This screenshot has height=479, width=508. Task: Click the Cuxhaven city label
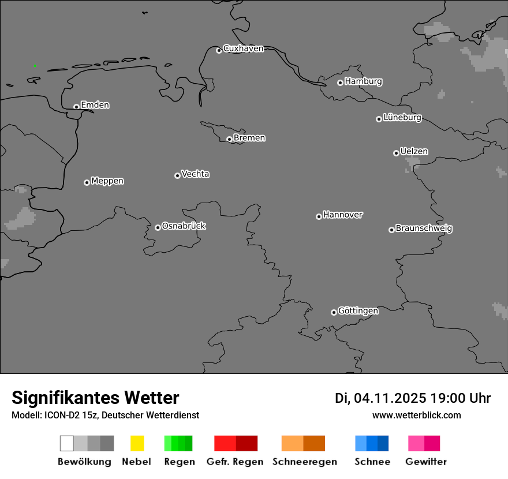243,48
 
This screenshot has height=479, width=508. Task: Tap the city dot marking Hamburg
340,83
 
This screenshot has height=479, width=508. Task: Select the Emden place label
95,105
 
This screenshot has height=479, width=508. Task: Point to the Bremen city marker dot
229,139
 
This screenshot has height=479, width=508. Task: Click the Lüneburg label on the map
402,118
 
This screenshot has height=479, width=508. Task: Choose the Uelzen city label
414,152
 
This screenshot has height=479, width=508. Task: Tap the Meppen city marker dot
87,182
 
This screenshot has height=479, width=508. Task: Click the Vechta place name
195,174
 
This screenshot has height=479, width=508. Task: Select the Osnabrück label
184,226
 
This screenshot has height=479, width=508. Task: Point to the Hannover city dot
319,216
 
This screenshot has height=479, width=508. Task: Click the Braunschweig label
424,229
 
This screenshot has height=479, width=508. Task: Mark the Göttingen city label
358,311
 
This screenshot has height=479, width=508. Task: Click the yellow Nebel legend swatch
137,443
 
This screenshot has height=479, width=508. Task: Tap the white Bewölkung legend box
67,443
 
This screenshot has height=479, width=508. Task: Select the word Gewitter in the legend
426,462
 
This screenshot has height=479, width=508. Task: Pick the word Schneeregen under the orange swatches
305,462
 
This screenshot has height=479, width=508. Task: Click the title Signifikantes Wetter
95,398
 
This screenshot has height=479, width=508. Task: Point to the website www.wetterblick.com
417,415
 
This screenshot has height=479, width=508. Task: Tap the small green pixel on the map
35,66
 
